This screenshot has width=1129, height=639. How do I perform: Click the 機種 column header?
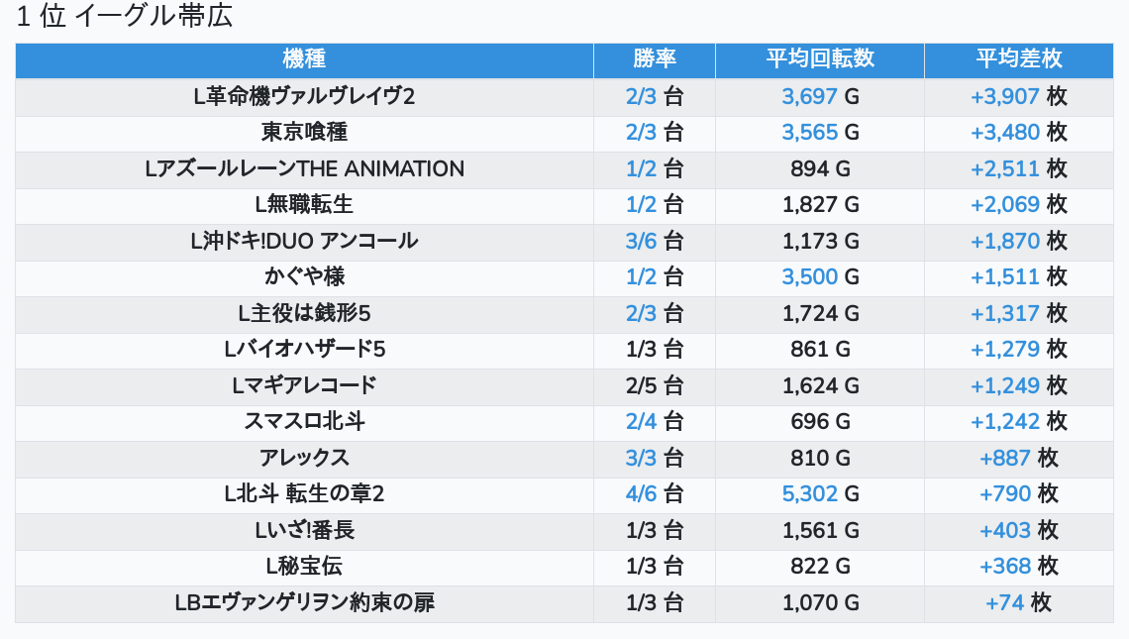[304, 58]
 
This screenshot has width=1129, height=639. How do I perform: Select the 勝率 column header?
[655, 58]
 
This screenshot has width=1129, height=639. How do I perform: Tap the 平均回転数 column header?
[820, 58]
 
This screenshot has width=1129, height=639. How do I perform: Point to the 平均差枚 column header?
[1019, 58]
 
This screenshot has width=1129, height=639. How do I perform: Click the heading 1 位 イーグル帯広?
[125, 17]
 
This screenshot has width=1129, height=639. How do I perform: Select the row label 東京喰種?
[304, 133]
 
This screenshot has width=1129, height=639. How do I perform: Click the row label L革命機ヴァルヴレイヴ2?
[304, 96]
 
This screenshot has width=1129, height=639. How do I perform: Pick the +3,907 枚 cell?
[1019, 96]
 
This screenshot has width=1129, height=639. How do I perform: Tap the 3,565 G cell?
[820, 133]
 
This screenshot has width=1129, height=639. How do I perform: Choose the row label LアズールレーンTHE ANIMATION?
[304, 168]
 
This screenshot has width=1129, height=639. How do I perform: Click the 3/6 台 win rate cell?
[655, 241]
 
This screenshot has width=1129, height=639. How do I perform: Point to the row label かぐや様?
[304, 277]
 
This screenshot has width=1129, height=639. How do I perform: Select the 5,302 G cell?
[820, 493]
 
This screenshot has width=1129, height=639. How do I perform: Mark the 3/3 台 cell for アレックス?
[655, 458]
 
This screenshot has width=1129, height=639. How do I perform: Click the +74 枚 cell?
[1019, 602]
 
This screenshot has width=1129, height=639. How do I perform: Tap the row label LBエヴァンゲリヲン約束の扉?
[304, 602]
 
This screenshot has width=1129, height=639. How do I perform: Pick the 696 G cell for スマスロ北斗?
[820, 421]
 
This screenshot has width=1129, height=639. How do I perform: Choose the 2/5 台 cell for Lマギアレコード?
[655, 385]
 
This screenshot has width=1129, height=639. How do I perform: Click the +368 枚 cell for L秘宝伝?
[1019, 566]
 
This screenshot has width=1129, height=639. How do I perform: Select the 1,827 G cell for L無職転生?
[820, 205]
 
